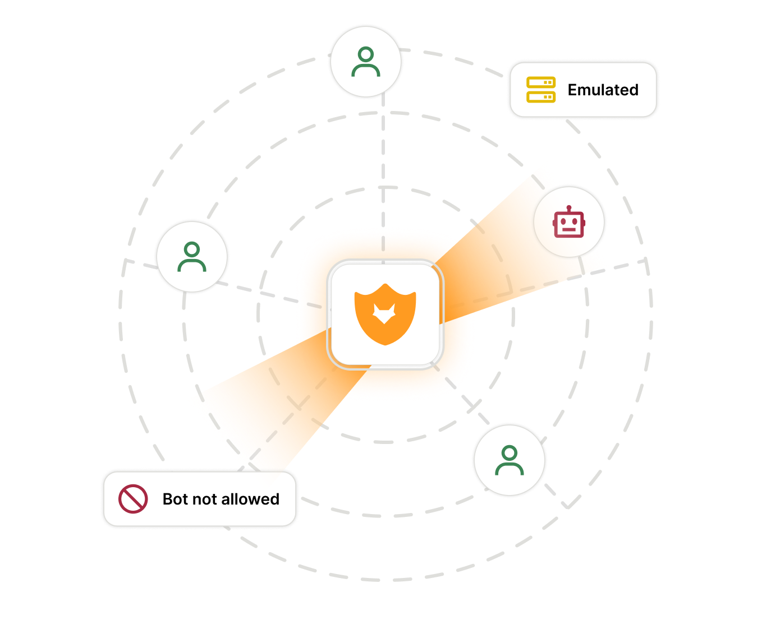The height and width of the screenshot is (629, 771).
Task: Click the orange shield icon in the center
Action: tap(385, 314)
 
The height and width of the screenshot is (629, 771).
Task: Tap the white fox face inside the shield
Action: tap(384, 314)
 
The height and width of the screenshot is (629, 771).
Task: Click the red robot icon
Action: tap(569, 221)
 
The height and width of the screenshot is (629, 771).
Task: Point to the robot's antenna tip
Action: tap(569, 207)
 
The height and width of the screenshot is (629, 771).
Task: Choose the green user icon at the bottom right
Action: tap(510, 460)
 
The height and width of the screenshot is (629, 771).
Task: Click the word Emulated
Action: tap(603, 90)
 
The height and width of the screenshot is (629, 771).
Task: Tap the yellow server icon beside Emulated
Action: tap(541, 90)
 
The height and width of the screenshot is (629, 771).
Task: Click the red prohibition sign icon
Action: tap(133, 499)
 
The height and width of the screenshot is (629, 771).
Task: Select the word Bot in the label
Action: tap(175, 499)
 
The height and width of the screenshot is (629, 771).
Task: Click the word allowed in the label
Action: tap(250, 499)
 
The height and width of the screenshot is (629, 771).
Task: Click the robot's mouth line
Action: tap(569, 229)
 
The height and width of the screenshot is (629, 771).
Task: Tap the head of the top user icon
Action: tap(365, 54)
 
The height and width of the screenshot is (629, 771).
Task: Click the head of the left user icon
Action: tap(191, 249)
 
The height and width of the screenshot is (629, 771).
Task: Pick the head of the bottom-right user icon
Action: tap(510, 452)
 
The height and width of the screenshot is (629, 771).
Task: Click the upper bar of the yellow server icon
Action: tap(541, 82)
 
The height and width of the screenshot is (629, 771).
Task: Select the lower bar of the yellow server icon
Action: tap(541, 97)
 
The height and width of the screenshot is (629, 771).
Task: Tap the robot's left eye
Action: tap(563, 221)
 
